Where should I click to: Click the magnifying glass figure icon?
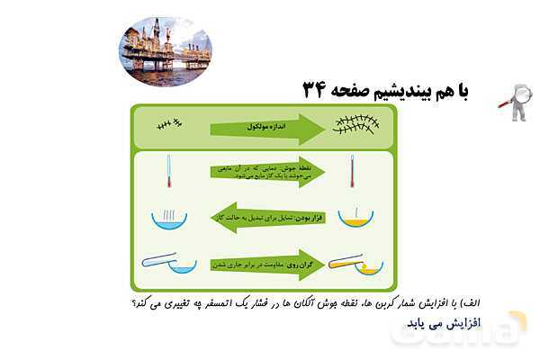tap(515, 100)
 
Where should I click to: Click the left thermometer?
tap(168, 171)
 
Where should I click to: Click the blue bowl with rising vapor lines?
tap(168, 216)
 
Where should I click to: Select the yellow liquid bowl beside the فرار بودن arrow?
tap(355, 218)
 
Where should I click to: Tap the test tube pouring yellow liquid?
tap(355, 265)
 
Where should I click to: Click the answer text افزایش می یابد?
tap(459, 321)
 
